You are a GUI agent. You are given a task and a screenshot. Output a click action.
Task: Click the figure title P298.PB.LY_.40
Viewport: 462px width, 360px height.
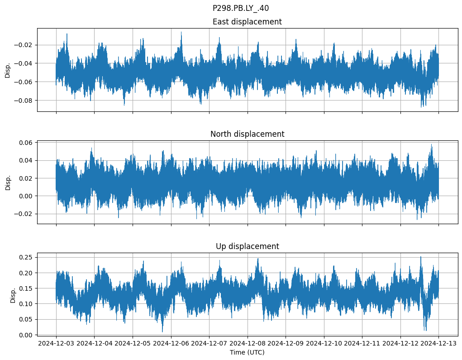[x=240, y=8]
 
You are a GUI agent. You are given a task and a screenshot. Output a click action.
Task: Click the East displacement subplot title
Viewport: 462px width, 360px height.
[x=247, y=22]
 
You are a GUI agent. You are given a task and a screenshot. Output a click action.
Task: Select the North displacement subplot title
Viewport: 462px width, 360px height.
[x=247, y=134]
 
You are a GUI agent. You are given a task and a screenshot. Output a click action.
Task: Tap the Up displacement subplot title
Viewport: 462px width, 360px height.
[x=247, y=246]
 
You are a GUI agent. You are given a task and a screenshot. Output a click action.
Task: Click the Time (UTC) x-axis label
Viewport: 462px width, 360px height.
[x=247, y=352]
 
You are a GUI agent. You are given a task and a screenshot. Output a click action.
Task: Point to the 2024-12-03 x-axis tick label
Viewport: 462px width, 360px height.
[x=56, y=343]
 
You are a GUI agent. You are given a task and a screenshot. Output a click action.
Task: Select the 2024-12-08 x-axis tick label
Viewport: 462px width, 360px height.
[x=248, y=343]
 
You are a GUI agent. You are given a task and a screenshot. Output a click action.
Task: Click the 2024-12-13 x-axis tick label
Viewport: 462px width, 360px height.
[x=438, y=343]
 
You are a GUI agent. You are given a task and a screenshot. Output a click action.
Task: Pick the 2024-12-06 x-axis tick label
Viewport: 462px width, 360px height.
[x=171, y=343]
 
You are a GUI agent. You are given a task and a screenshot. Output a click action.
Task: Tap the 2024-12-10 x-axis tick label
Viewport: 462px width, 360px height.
[x=324, y=343]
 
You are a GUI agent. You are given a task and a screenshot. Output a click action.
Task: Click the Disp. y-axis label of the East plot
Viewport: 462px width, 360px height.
[x=8, y=70]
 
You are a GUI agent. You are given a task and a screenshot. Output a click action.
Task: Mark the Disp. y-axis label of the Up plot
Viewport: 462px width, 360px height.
[x=13, y=294]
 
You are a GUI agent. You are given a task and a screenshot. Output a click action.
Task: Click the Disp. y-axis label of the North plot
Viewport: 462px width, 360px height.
[x=8, y=182]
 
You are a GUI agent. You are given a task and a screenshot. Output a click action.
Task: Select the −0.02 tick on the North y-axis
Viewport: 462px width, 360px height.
[x=24, y=214]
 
